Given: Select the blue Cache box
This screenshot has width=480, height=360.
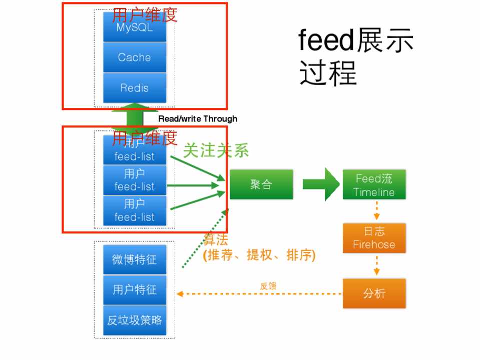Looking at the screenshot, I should pyautogui.click(x=134, y=57).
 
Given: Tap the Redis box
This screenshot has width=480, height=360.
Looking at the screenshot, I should pyautogui.click(x=134, y=88).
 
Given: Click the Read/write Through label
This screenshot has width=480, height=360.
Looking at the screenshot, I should pyautogui.click(x=198, y=119).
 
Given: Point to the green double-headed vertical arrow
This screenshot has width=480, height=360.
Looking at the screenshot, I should pyautogui.click(x=127, y=118).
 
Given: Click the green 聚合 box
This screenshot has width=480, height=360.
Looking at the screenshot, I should pyautogui.click(x=261, y=184).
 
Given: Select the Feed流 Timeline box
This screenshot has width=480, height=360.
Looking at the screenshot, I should pyautogui.click(x=374, y=185).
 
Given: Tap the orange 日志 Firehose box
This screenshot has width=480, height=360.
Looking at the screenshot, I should pyautogui.click(x=374, y=238).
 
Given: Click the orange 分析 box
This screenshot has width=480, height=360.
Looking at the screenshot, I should pyautogui.click(x=374, y=293).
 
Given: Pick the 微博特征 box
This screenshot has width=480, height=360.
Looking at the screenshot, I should pyautogui.click(x=134, y=259).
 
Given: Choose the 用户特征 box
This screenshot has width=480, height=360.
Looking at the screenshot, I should pyautogui.click(x=134, y=289).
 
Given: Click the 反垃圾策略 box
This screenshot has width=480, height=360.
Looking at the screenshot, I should pyautogui.click(x=134, y=320).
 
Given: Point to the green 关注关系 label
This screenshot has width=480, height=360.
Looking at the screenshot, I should pyautogui.click(x=216, y=150).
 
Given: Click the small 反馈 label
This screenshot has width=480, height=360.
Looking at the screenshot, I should pyautogui.click(x=268, y=286).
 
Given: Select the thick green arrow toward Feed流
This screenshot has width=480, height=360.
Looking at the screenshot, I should pyautogui.click(x=321, y=184).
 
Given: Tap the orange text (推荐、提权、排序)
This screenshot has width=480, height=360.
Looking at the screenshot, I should pyautogui.click(x=259, y=255).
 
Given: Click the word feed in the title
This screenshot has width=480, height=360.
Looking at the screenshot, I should pyautogui.click(x=326, y=41).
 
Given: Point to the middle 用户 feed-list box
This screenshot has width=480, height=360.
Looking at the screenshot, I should pyautogui.click(x=134, y=180).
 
